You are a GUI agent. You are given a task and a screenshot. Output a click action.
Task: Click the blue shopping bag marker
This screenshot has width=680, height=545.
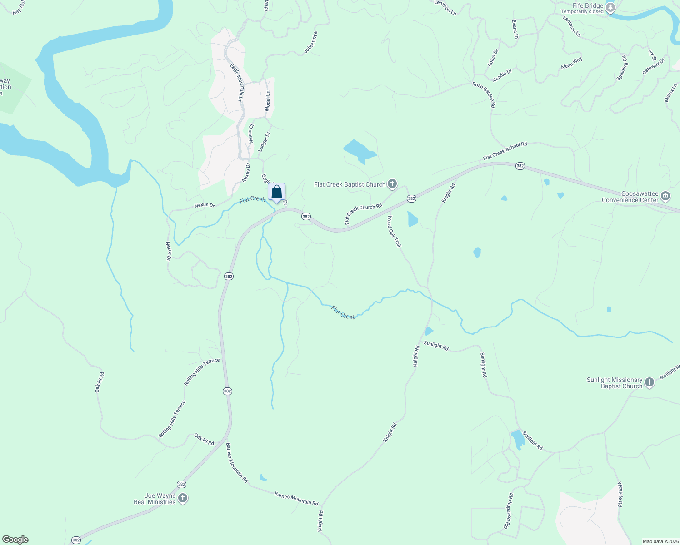276,192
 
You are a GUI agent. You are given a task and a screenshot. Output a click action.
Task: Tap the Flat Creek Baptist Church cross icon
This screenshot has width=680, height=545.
392,184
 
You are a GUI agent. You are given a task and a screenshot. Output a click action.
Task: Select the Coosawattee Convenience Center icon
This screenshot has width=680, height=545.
665,196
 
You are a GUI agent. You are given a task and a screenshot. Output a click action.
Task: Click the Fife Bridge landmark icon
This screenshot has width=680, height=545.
610,8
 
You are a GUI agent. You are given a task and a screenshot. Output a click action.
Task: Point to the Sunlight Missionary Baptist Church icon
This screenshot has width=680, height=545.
650,382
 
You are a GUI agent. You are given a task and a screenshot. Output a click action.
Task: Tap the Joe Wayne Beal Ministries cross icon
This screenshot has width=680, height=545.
183,498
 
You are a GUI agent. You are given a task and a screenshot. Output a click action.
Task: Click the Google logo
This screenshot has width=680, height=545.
15,540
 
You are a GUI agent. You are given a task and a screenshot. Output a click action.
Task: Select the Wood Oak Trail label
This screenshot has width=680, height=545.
394,231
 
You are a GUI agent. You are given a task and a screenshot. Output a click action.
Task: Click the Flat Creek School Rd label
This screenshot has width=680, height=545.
505,151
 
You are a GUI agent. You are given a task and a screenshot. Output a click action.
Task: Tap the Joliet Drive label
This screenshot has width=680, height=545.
311,42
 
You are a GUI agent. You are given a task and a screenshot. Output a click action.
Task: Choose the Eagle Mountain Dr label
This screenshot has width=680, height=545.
236,82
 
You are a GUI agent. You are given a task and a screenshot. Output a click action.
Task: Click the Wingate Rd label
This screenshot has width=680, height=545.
620,495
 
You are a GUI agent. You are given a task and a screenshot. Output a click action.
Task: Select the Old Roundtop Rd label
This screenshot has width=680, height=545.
508,511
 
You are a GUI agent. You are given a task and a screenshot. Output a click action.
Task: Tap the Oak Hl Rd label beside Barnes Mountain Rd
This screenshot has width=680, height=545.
204,439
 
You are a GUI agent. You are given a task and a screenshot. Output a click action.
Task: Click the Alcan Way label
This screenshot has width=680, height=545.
571,63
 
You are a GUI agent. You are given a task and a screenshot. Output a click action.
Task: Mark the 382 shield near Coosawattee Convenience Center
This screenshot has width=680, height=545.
520,166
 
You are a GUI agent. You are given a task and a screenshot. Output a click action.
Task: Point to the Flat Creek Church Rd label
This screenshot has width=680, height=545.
363,213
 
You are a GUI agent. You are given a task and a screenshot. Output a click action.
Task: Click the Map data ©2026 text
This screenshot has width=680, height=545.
660,541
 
